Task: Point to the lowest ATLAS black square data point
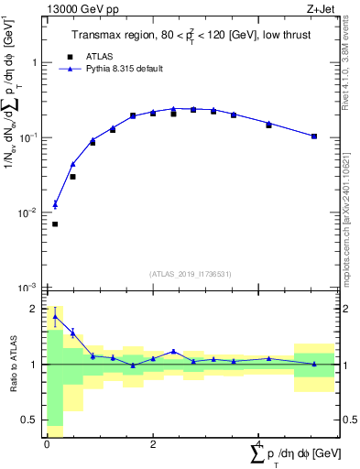click(x=55, y=224)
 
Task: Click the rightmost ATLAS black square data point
click(x=314, y=136)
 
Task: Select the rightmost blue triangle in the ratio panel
click(x=314, y=364)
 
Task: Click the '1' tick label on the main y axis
click(x=37, y=63)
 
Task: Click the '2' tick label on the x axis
click(x=153, y=444)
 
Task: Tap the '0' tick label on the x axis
click(x=47, y=444)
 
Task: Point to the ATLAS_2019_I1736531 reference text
click(x=190, y=274)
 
